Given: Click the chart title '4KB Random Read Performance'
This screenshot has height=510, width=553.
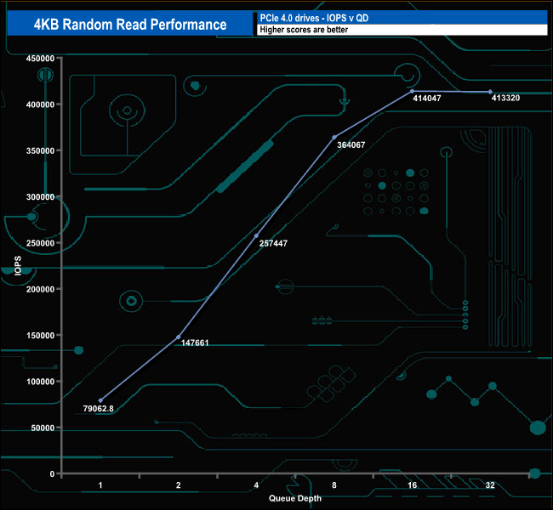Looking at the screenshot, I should click(130, 24).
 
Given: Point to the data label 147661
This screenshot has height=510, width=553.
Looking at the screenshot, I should click(196, 343).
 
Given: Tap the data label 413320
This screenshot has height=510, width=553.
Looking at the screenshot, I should click(508, 99).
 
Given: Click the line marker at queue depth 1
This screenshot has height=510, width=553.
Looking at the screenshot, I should click(100, 400).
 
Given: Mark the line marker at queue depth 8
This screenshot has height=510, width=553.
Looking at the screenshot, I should click(334, 137).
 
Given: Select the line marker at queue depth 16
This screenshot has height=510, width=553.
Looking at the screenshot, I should click(413, 91).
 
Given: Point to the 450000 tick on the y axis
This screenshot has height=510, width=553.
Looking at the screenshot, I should click(41, 59).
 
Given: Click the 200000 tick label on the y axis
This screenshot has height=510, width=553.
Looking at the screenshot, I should click(41, 289).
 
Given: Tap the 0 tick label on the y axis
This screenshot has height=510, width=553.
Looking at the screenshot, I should click(53, 473).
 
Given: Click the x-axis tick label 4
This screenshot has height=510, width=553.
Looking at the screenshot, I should click(256, 485).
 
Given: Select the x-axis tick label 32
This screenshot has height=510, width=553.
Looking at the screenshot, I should click(490, 485).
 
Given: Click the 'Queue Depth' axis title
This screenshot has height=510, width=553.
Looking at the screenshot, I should click(295, 498).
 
